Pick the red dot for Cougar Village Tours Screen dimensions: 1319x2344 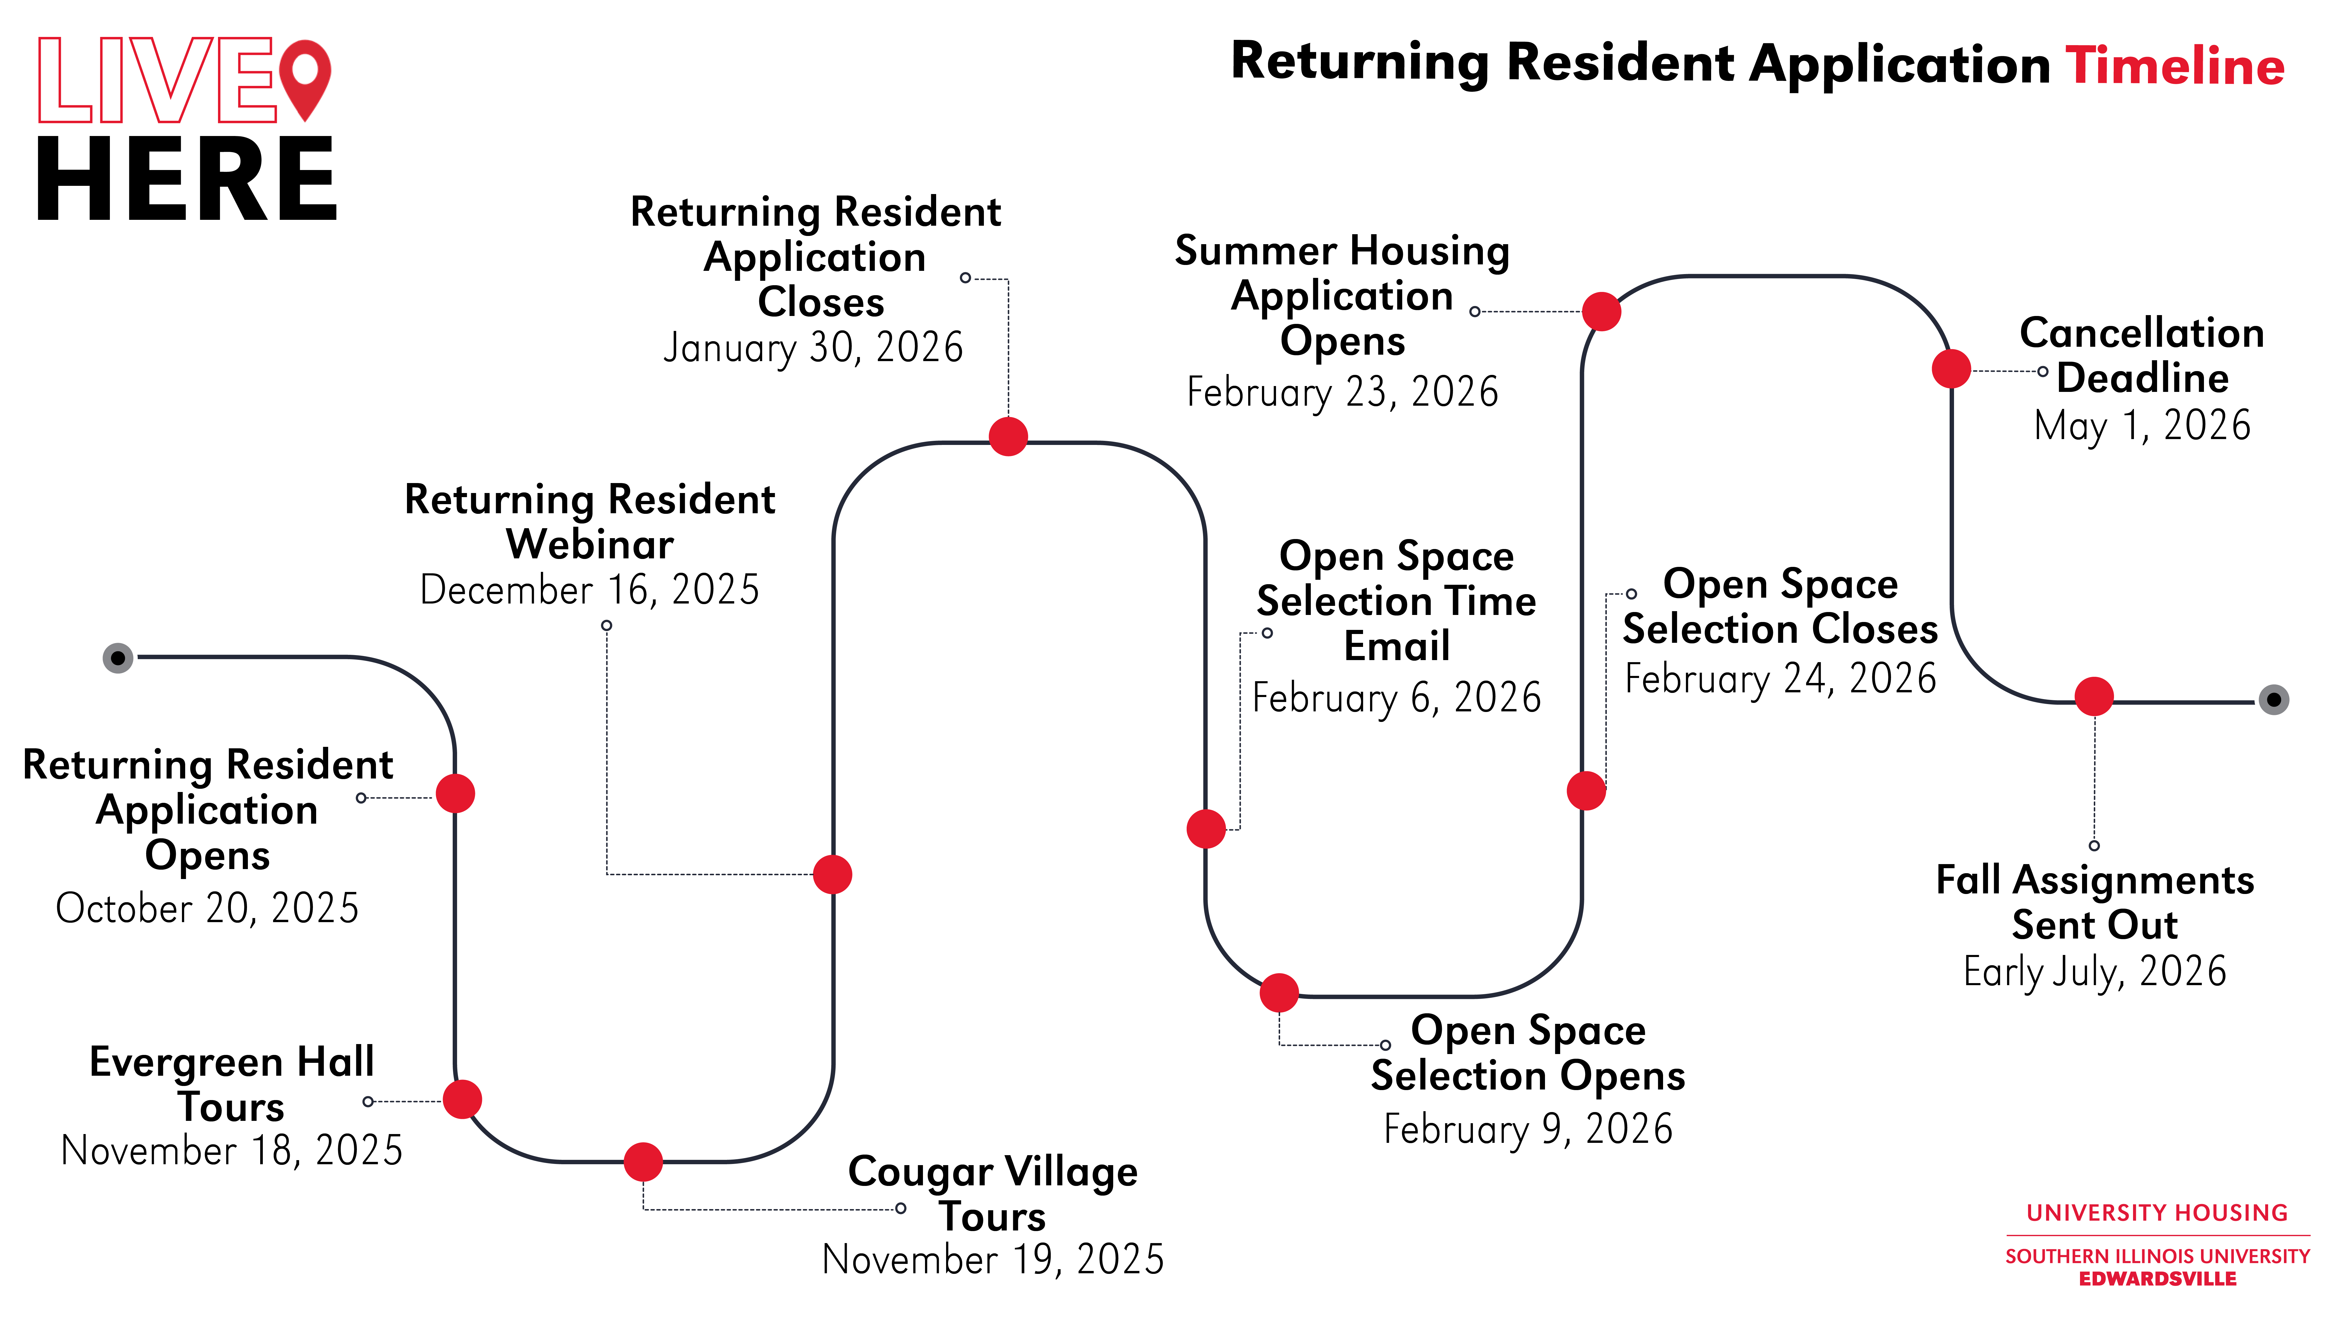643,1162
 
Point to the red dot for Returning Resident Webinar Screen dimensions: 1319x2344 833,874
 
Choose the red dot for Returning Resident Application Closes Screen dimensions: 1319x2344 1008,436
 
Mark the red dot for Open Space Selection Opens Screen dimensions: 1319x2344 1279,992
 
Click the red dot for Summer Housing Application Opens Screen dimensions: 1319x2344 1602,311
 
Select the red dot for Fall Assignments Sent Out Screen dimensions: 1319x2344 2094,696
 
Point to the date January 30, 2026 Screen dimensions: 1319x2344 812,347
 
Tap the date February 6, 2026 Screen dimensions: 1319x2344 1397,697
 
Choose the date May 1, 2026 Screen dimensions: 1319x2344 2142,425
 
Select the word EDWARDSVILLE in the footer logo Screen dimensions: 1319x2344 2157,1279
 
